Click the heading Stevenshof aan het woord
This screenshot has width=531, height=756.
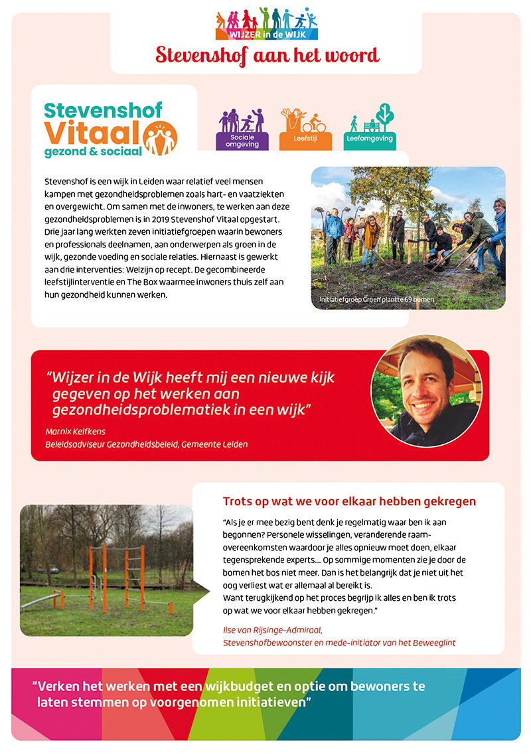tap(267, 54)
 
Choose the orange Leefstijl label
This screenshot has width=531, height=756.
tap(303, 139)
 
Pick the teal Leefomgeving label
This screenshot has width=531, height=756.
tap(370, 139)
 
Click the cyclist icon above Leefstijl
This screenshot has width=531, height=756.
tap(316, 124)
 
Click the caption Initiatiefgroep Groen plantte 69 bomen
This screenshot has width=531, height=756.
tap(376, 300)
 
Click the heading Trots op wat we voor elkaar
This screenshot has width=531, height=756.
tap(349, 501)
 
